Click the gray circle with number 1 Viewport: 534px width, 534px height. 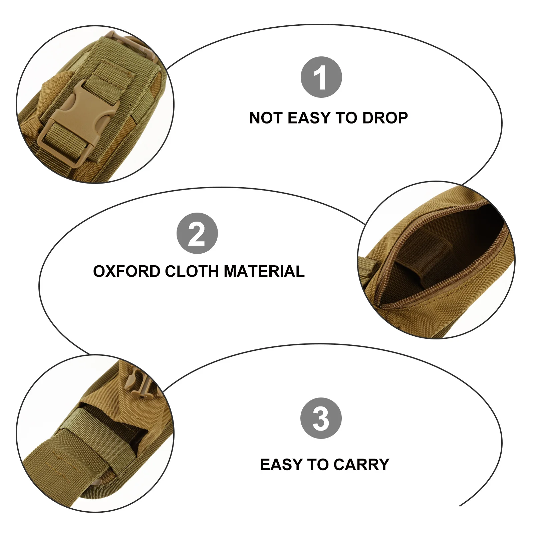point(321,77)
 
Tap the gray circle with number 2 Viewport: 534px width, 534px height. point(197,233)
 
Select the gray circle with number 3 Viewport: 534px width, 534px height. point(321,418)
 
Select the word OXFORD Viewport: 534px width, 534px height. point(126,271)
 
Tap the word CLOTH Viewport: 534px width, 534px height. point(192,271)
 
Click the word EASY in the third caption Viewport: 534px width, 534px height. point(281,464)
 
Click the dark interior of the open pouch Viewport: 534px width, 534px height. point(467,234)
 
